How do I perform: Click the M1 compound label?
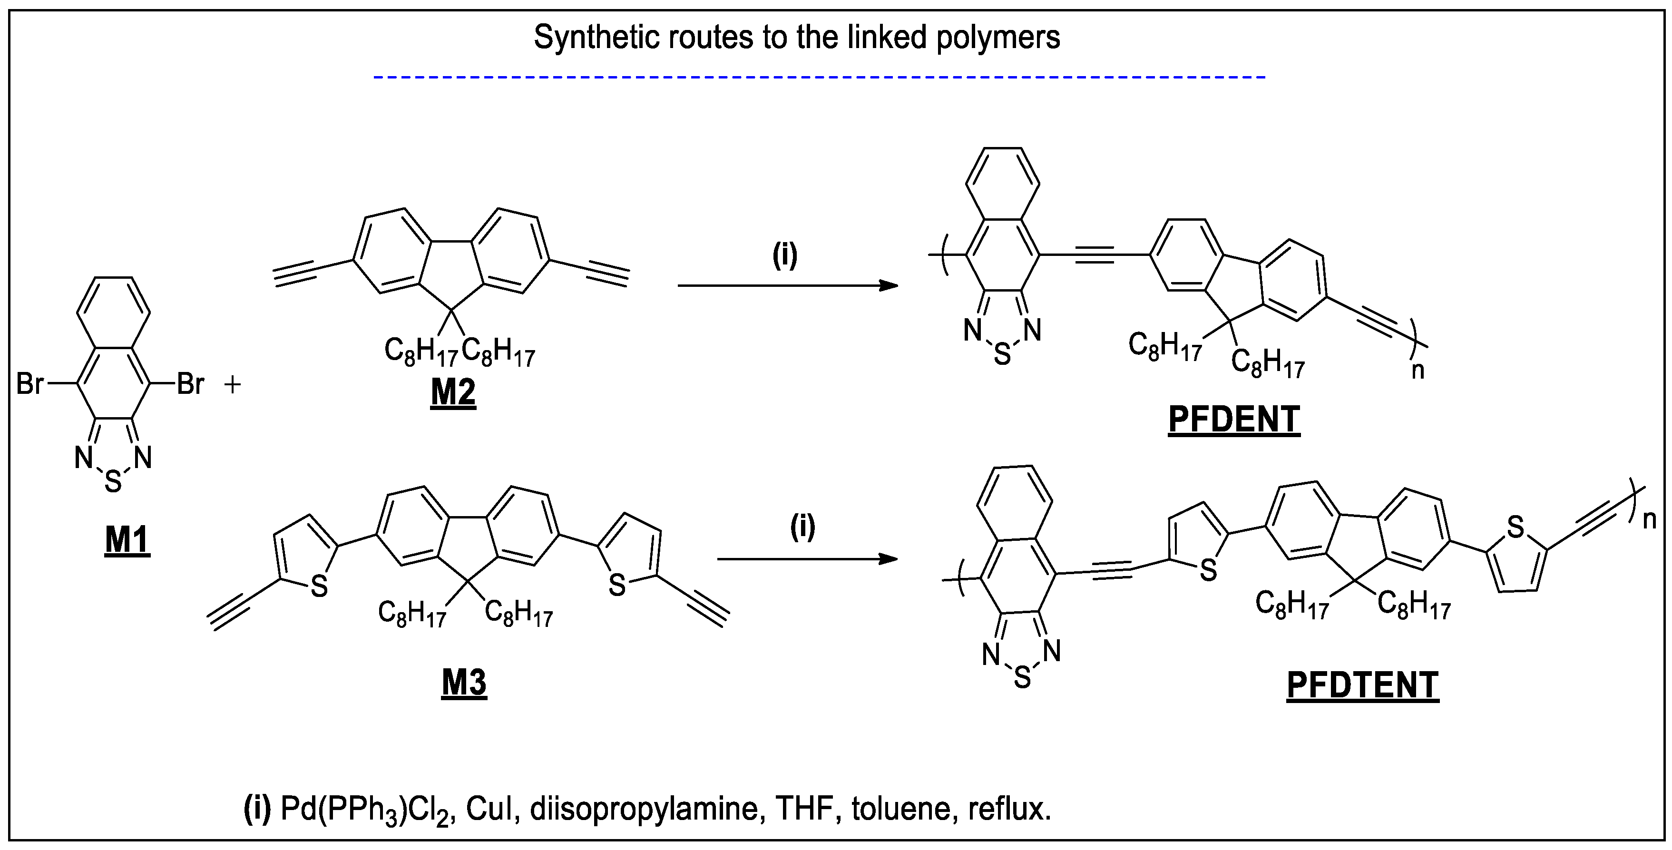[127, 539]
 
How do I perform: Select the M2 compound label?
[453, 392]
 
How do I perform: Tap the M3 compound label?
[464, 683]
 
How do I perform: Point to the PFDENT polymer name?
[1234, 419]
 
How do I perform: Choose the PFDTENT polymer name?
[1362, 685]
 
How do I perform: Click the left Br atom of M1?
[29, 384]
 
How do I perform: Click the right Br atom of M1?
[190, 384]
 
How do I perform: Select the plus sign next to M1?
[232, 385]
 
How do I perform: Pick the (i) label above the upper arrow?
[785, 255]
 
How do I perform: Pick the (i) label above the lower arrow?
[802, 527]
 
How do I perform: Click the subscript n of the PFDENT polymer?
[1418, 371]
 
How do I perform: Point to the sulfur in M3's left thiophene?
[319, 586]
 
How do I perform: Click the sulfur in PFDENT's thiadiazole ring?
[1002, 355]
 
